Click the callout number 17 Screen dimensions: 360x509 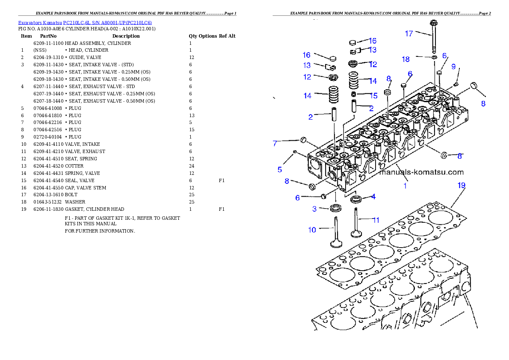click(x=409, y=33)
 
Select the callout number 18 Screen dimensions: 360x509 click(x=406, y=59)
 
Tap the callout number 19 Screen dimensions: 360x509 click(x=461, y=186)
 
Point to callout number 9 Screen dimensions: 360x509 click(x=453, y=66)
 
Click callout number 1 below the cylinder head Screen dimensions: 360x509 click(x=405, y=186)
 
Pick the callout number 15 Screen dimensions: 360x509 click(x=373, y=96)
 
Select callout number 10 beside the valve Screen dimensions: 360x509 click(x=312, y=230)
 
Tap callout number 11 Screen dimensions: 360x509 click(x=376, y=220)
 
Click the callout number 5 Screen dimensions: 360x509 click(x=280, y=169)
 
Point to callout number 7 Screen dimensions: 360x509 click(x=275, y=144)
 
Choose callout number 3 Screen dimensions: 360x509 click(x=314, y=209)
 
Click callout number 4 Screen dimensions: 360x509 click(x=373, y=197)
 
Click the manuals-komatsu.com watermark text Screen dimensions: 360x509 click(x=421, y=172)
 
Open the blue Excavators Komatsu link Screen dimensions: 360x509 click(x=85, y=23)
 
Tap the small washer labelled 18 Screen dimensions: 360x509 click(x=434, y=57)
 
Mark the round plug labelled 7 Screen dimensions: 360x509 click(x=303, y=139)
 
